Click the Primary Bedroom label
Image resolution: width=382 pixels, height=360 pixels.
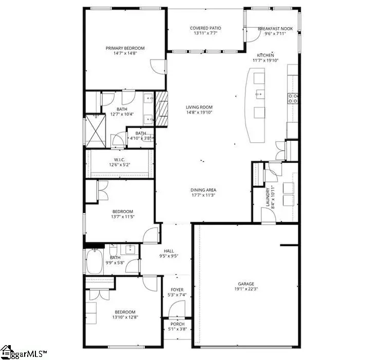tap(125, 48)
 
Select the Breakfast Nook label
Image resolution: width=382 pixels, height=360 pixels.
tap(275, 29)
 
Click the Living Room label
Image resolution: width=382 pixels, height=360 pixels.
tap(199, 107)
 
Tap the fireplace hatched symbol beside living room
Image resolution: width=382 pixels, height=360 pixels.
tap(162, 108)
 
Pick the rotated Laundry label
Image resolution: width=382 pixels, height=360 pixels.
tap(268, 196)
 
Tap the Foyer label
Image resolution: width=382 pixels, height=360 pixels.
tap(177, 290)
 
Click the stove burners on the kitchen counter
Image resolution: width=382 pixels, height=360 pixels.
tap(293, 98)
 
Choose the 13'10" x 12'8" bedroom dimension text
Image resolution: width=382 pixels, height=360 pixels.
tap(125, 317)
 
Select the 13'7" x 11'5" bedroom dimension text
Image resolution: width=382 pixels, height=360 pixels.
tap(123, 217)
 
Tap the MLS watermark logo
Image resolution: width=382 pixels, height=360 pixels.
tap(24, 353)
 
